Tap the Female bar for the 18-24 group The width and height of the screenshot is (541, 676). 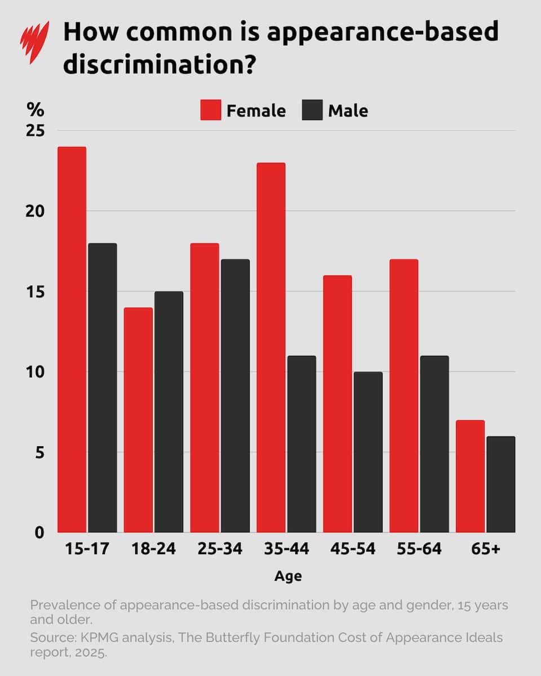[x=138, y=420]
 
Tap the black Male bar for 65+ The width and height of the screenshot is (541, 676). [x=501, y=484]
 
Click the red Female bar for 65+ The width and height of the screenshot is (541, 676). [x=470, y=476]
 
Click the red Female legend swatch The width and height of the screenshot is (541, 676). [x=210, y=110]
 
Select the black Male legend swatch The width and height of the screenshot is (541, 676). [x=312, y=110]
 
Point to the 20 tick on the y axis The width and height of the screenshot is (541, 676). [x=36, y=211]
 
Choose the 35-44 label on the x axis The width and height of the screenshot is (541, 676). [x=286, y=549]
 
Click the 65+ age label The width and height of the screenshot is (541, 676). [x=485, y=549]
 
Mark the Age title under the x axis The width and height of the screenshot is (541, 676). [x=288, y=576]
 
